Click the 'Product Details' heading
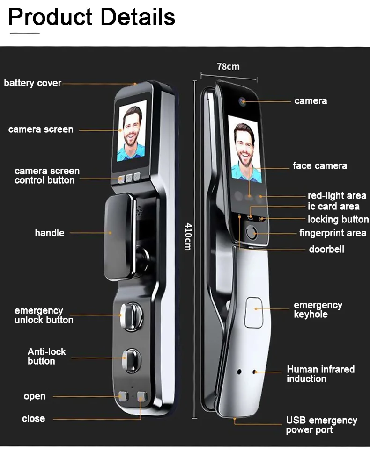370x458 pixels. coord(92,17)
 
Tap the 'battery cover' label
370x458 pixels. coord(32,83)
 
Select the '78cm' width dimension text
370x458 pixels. coord(228,66)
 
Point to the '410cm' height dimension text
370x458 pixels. coord(188,236)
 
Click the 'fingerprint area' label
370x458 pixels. coord(333,233)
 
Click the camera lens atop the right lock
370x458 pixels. coord(243,100)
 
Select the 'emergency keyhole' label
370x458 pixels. coord(318,309)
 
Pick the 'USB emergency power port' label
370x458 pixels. coord(321,425)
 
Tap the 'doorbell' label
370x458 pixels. coord(326,249)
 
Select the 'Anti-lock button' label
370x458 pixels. coord(46,356)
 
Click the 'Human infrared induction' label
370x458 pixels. coord(320,374)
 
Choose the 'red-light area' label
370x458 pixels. coord(337,196)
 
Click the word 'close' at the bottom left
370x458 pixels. coord(34,418)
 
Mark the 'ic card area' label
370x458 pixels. coord(333,207)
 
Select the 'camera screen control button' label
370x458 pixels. coord(47,175)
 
